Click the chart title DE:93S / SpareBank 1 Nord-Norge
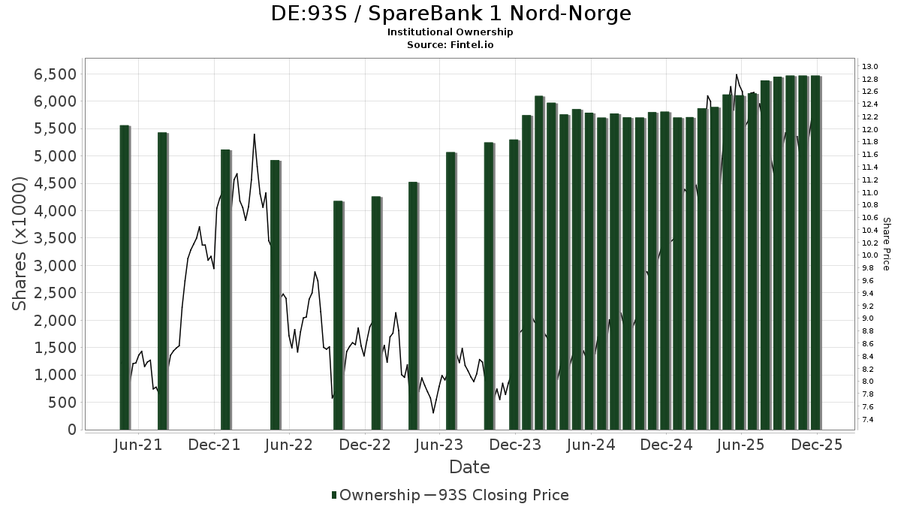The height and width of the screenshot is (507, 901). (450, 14)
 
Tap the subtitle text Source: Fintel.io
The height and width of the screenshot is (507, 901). (450, 44)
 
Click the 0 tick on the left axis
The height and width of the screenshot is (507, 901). (71, 430)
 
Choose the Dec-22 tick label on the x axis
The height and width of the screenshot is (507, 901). (365, 445)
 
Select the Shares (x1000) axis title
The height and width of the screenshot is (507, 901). (20, 244)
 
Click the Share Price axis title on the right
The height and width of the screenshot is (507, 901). (887, 244)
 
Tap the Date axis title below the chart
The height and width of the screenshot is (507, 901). (469, 467)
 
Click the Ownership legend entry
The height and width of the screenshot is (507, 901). (375, 495)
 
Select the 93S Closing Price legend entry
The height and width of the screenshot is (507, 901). (496, 495)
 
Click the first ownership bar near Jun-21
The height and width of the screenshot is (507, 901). (125, 278)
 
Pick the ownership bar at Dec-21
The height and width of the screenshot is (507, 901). (225, 289)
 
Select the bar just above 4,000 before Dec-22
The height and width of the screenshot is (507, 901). (338, 315)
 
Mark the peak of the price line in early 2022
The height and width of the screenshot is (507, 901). (255, 134)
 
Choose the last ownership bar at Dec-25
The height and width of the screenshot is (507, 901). (815, 252)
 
